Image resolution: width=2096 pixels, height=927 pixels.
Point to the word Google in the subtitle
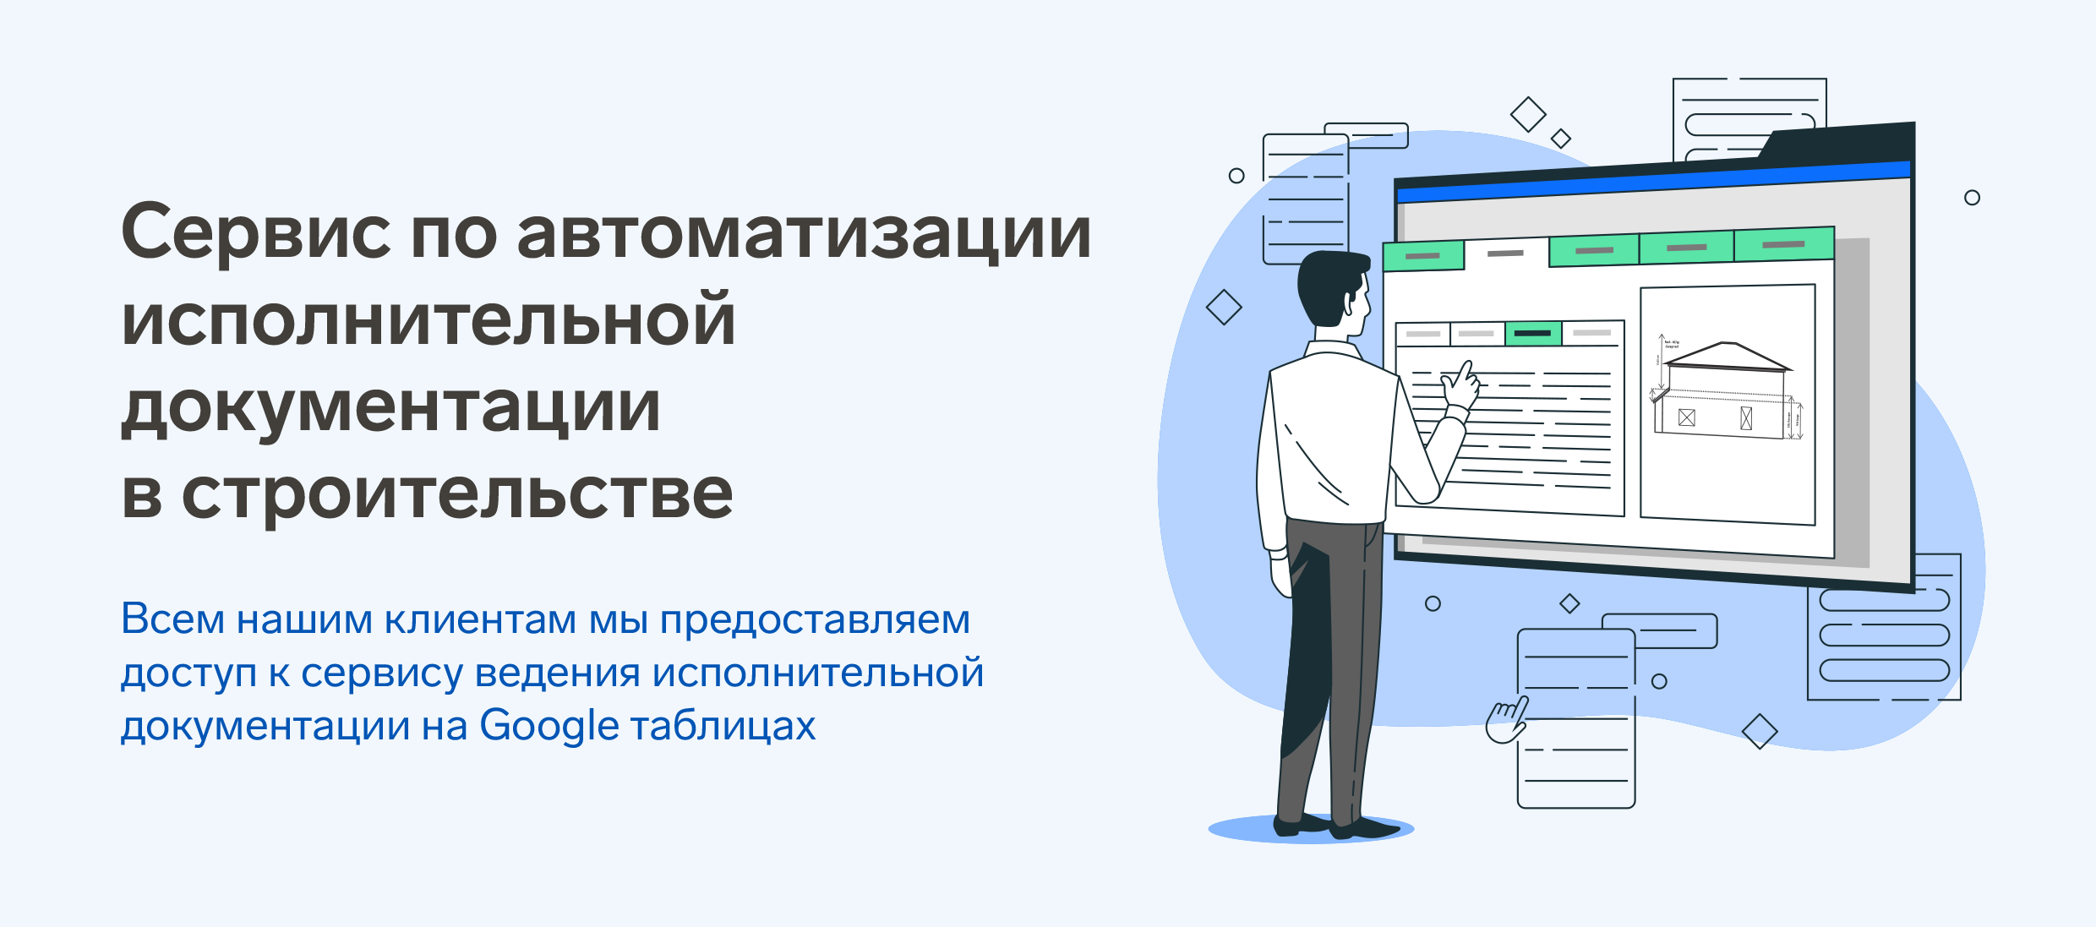(x=549, y=726)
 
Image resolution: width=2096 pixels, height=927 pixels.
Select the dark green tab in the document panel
(x=1533, y=333)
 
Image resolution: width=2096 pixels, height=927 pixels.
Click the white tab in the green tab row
(x=1506, y=254)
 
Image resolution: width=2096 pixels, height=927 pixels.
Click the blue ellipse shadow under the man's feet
(x=1311, y=829)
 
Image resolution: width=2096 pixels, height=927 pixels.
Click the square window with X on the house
(x=1687, y=417)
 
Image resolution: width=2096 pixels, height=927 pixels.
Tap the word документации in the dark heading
(x=390, y=408)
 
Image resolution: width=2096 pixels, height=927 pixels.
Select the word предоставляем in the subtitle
(x=815, y=621)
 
